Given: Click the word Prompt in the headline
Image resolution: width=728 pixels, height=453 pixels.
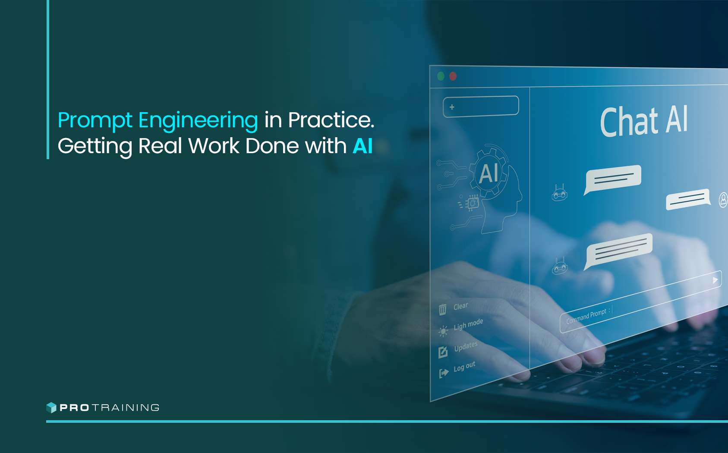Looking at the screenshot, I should point(95,120).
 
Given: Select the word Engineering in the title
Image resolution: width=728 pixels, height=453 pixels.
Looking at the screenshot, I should point(198,120).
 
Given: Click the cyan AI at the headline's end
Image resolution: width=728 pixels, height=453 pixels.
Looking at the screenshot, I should point(362,146).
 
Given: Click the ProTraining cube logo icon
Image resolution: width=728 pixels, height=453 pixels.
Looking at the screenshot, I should point(51,407).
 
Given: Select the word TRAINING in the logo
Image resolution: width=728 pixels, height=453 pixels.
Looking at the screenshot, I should point(126,408).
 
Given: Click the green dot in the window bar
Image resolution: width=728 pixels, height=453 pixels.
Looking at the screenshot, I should point(441,76).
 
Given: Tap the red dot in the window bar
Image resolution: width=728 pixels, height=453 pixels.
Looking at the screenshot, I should point(453,76).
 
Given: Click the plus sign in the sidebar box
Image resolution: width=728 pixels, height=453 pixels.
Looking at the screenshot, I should point(452,107).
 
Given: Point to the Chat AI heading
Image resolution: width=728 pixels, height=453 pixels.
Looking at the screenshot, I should point(643,121).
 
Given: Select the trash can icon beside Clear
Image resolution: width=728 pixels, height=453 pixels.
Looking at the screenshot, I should point(442,309).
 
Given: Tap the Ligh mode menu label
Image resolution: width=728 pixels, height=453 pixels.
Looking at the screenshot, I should point(468,324).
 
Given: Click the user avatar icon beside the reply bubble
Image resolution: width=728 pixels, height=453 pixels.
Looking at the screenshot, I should point(723,200).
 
